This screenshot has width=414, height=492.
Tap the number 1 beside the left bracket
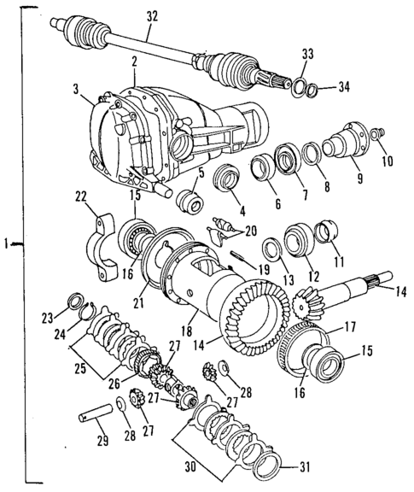click(7, 246)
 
